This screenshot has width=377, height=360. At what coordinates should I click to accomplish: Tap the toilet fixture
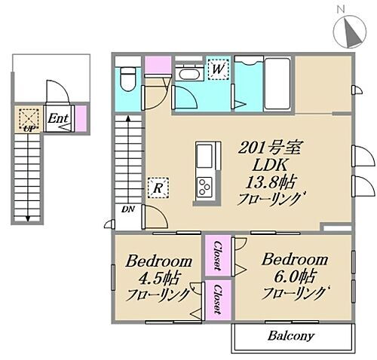[x=128, y=79]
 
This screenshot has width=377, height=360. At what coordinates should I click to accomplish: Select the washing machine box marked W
[x=217, y=69]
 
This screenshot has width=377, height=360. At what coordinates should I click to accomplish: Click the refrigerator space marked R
[x=158, y=188]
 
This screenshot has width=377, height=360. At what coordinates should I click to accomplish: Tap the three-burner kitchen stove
[x=204, y=188]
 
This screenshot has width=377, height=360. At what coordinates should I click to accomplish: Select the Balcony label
[x=291, y=335]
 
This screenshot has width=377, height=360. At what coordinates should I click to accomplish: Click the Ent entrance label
[x=58, y=118]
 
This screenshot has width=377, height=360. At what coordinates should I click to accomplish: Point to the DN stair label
[x=128, y=209]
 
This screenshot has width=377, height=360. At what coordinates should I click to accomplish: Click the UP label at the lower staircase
[x=29, y=130]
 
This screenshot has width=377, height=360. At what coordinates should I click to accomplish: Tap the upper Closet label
[x=218, y=255]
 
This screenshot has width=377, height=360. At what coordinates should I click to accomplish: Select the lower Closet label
[x=218, y=299]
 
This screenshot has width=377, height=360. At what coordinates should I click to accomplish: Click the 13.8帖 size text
[x=270, y=182]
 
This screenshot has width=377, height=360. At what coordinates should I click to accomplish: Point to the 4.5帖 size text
[x=159, y=279]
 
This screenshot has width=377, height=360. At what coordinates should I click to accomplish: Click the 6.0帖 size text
[x=295, y=276]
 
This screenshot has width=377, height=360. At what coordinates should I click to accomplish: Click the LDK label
[x=270, y=165]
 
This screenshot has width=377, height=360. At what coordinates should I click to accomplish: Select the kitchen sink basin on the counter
[x=204, y=157]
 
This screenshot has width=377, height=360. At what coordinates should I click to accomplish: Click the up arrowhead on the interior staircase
[x=128, y=118]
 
